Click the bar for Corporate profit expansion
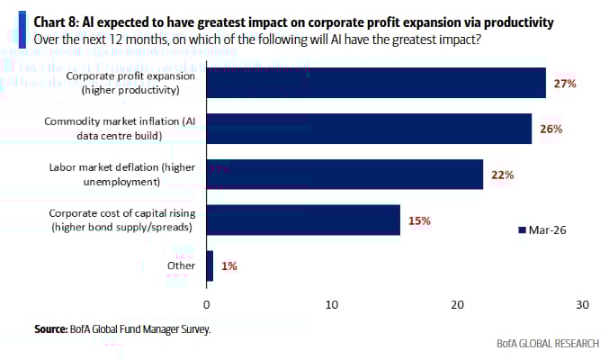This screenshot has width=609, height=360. tap(376, 83)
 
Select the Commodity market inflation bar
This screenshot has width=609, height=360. tap(369, 129)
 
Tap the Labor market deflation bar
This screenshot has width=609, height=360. tap(345, 175)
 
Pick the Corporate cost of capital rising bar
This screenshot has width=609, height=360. tap(303, 220)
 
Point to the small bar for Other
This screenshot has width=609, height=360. tap(210, 265)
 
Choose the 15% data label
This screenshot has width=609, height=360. tap(419, 220)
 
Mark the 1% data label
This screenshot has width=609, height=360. tap(229, 265)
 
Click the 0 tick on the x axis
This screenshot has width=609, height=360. tap(208, 305)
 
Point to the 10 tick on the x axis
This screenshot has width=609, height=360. tap(332, 305)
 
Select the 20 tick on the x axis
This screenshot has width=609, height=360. tap(457, 305)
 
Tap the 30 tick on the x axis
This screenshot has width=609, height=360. tap(582, 305)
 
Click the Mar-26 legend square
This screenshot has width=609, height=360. tap(522, 230)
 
